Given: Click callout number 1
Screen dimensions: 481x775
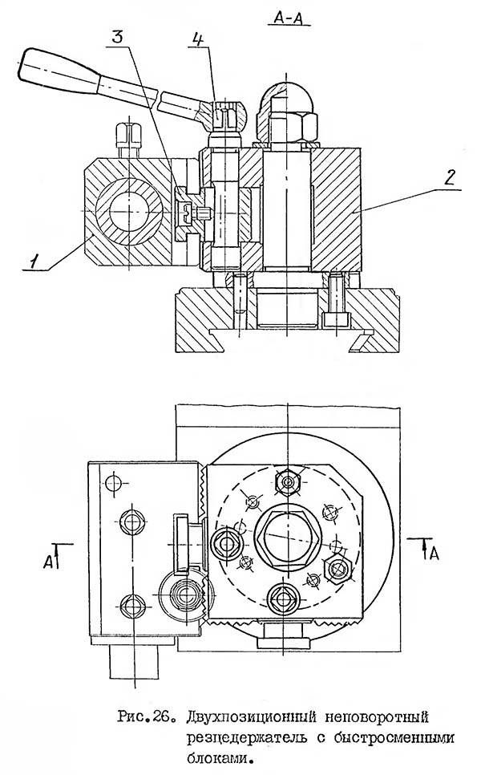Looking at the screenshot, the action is click(34, 261).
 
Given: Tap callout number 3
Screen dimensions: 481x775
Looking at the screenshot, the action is click(118, 38).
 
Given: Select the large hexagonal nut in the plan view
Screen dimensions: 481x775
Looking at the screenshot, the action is click(286, 539).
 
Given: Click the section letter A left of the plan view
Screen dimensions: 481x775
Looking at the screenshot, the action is click(48, 562).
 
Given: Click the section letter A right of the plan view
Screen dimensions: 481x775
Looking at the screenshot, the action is click(434, 554).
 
